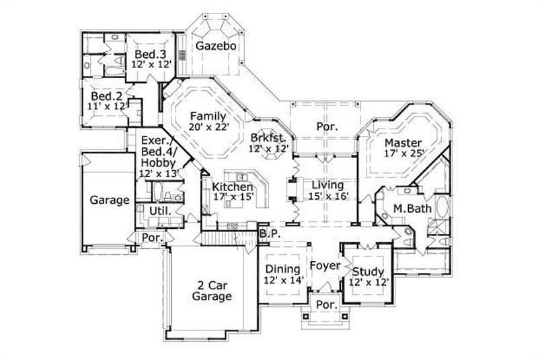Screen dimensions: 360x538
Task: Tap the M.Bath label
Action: (x=412, y=209)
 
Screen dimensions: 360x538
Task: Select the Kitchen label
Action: (x=233, y=186)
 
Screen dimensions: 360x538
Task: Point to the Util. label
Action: (x=158, y=211)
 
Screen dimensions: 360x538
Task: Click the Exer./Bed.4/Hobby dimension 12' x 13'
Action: (x=158, y=174)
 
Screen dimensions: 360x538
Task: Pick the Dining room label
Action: (x=282, y=269)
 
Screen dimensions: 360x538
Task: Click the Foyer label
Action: (x=325, y=266)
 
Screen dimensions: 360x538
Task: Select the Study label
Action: (x=369, y=271)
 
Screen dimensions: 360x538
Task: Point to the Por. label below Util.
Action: (x=150, y=238)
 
